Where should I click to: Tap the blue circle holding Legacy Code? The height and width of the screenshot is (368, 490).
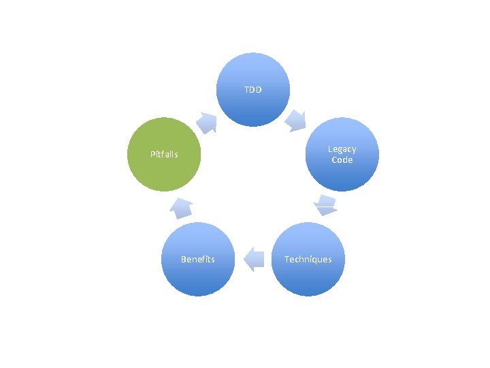pos(342,155)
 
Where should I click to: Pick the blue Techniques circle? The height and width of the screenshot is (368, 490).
pos(308,259)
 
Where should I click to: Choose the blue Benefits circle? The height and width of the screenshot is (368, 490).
pos(197,259)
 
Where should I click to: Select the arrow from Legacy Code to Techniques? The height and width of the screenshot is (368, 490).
pos(326,205)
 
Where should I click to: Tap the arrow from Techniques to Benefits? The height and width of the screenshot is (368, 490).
pos(253,259)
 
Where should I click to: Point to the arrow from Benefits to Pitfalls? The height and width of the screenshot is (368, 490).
pos(180,206)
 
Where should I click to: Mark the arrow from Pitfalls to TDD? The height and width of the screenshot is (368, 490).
pos(207,122)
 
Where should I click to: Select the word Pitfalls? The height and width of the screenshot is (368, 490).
pos(164,154)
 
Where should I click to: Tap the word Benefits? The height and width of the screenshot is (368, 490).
pos(197,259)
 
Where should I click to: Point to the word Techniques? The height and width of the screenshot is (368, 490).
pos(308,259)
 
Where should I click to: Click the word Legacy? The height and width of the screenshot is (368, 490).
pos(342,149)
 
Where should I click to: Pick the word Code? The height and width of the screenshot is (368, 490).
pos(342,160)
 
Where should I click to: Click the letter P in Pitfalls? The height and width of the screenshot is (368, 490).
pos(152,154)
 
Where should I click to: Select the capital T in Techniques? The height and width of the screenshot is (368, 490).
pos(287,259)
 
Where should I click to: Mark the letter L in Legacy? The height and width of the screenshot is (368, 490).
pos(330,149)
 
